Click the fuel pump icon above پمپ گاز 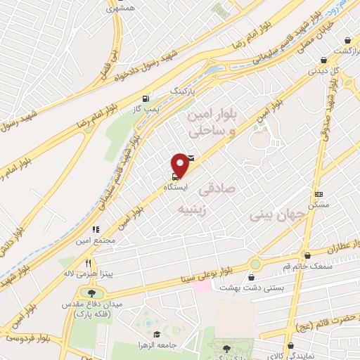point(146,98)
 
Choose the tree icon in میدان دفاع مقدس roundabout point(91,292)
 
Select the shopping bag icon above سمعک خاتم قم point(306,254)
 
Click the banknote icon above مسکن point(319,194)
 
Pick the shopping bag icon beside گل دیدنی point(324,60)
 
